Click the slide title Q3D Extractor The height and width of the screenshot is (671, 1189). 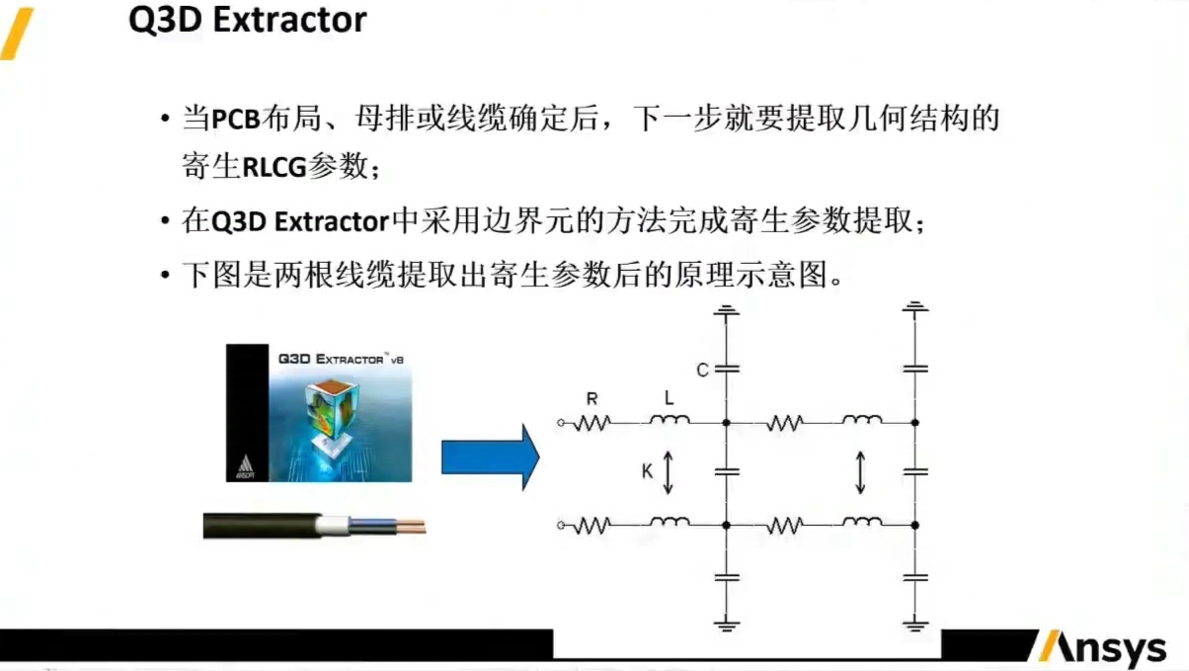click(x=248, y=21)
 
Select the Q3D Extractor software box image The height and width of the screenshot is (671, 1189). click(x=319, y=413)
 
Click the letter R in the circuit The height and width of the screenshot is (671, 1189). click(x=592, y=399)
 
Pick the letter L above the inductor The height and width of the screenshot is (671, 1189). click(x=669, y=398)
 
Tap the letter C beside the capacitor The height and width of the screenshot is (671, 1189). click(x=702, y=371)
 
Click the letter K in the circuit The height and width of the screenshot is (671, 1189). click(x=647, y=471)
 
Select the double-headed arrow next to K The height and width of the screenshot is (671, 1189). click(x=669, y=472)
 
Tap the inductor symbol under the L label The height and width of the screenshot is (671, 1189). click(x=669, y=422)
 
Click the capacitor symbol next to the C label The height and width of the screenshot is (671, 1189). click(x=726, y=370)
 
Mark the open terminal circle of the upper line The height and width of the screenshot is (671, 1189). click(x=561, y=423)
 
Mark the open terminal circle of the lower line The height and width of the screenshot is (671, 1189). click(x=561, y=524)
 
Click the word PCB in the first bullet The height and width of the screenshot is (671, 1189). click(x=235, y=122)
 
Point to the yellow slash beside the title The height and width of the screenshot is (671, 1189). click(x=17, y=33)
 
